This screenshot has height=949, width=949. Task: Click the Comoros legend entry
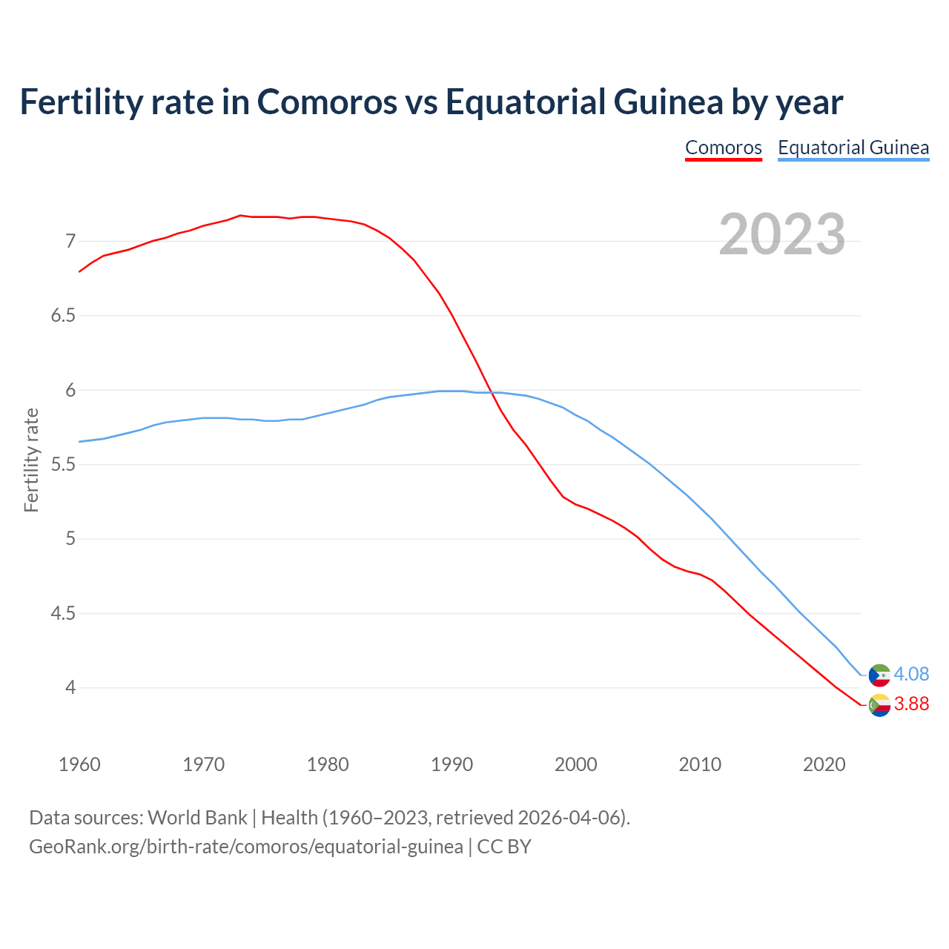[723, 148]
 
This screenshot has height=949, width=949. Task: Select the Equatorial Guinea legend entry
[853, 148]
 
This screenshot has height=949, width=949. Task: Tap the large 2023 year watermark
[782, 234]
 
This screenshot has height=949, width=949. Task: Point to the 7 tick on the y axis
[70, 241]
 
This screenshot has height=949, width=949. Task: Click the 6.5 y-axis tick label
[63, 316]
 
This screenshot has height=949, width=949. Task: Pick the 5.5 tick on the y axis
[63, 465]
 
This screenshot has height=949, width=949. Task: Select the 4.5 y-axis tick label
[63, 614]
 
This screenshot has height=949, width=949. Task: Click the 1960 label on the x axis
[79, 764]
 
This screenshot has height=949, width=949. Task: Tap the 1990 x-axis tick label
[452, 764]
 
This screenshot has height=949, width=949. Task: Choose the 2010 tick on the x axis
[700, 764]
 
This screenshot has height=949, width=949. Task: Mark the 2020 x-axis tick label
[824, 764]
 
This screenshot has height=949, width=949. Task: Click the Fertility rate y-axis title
[31, 460]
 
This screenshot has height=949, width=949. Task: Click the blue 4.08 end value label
[911, 674]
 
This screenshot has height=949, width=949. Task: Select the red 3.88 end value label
[911, 704]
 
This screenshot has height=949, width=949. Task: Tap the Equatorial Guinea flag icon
[879, 675]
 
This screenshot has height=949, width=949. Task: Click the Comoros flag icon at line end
[879, 705]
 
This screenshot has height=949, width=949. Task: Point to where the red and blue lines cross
[491, 392]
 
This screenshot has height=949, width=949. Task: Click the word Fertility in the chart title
[79, 102]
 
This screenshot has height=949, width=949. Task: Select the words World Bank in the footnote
[197, 818]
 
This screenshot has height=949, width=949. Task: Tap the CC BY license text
[504, 847]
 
